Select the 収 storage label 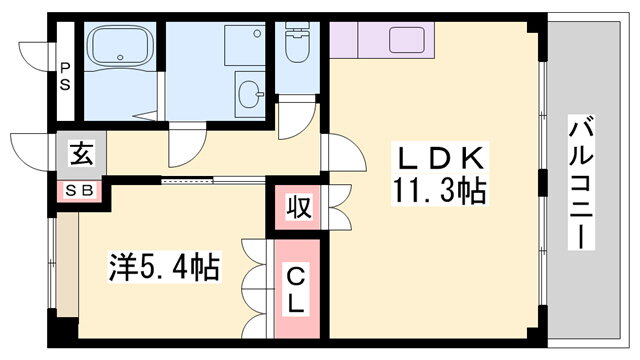point(297,207)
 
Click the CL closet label point(297,286)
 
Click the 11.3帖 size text point(439,191)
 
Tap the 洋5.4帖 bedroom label point(165,267)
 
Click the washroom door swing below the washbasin point(185,147)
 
